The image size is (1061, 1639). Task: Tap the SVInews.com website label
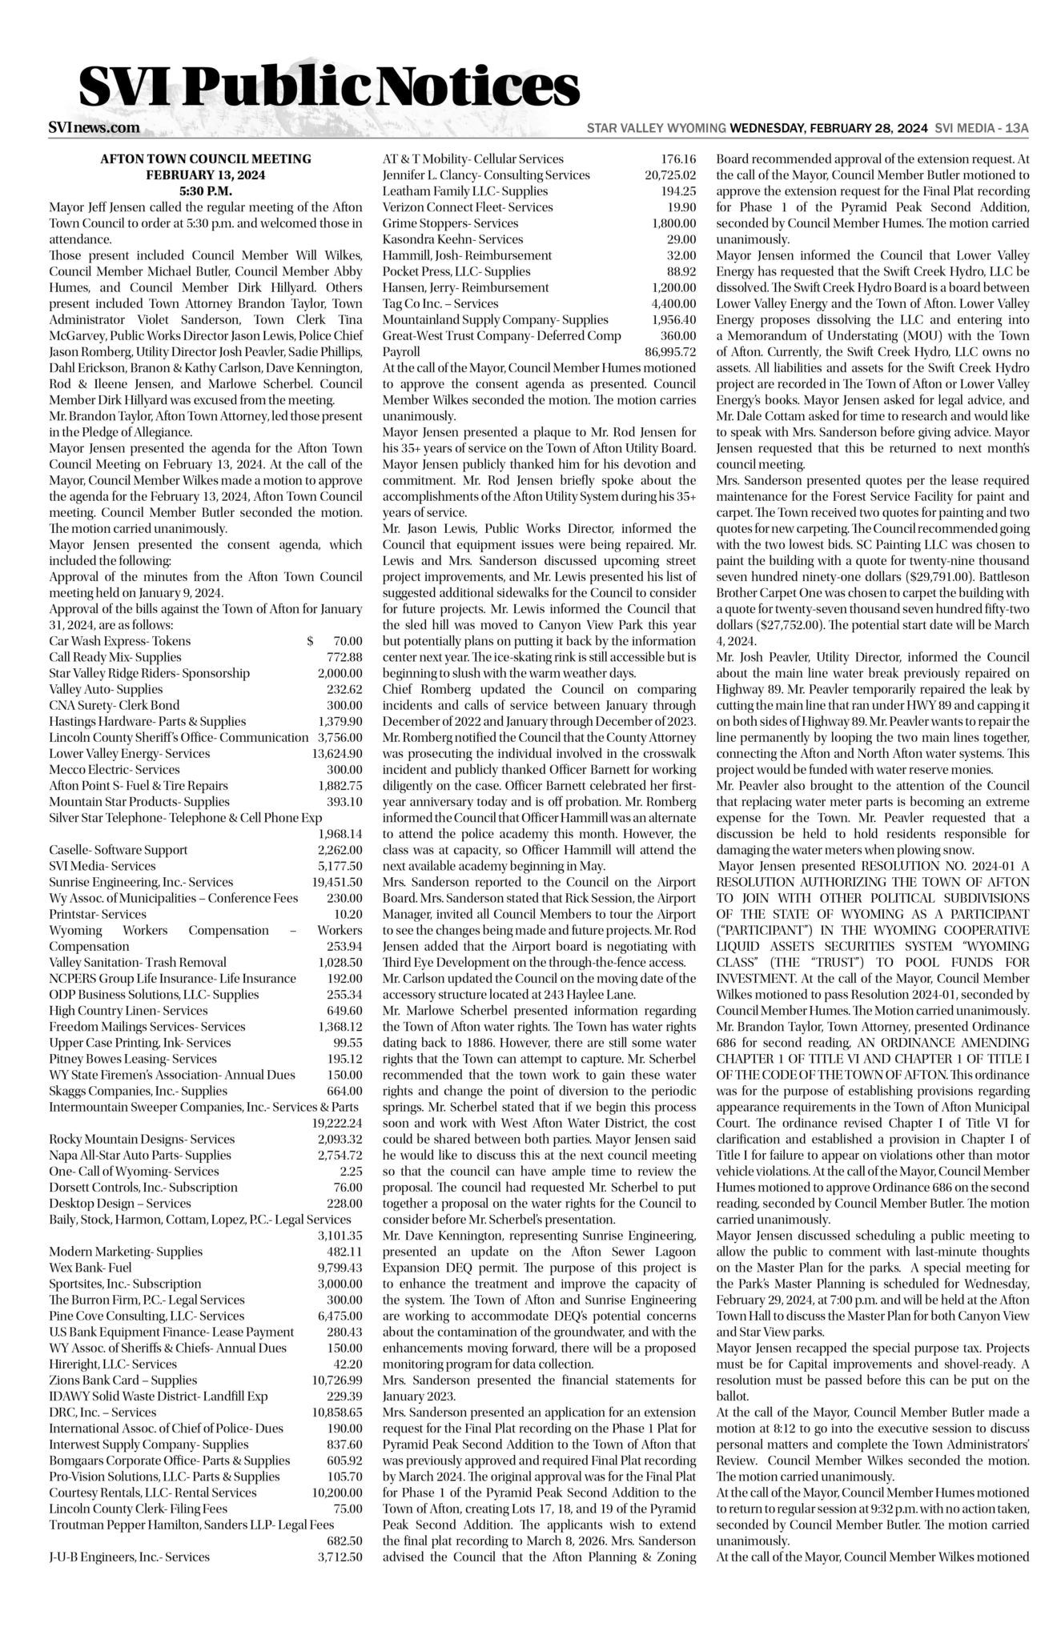94,127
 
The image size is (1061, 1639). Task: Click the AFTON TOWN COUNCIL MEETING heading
206,159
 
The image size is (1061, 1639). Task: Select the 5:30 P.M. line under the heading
206,191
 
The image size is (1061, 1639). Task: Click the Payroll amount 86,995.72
670,351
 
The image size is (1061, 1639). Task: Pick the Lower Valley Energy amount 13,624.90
337,753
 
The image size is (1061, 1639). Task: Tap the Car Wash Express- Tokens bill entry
120,641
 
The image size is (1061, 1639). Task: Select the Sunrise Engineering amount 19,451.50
337,882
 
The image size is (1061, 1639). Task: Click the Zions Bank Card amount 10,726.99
337,1380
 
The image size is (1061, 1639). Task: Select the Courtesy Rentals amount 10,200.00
337,1492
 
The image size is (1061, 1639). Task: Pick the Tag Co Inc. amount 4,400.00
673,303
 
